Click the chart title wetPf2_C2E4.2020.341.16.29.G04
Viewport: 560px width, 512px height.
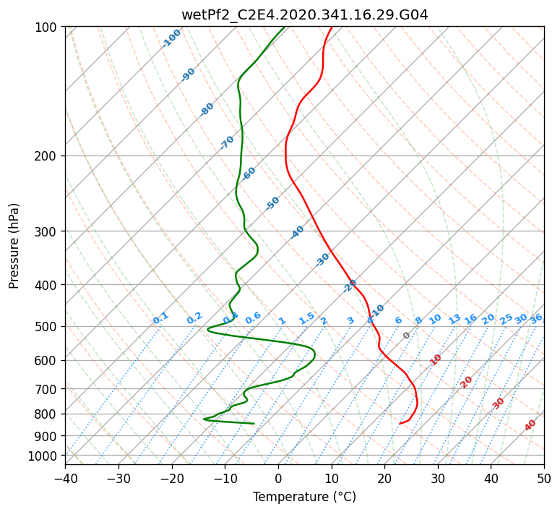[304, 14]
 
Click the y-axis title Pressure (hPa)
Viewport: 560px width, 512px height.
[14, 245]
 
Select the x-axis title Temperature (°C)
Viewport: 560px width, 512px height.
[304, 497]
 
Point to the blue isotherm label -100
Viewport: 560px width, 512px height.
[171, 38]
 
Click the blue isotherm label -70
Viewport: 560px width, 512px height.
[227, 142]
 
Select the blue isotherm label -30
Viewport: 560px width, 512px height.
[322, 260]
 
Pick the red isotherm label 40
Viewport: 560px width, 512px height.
[530, 425]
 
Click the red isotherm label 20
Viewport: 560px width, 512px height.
[467, 381]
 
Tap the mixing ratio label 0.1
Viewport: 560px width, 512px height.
[160, 318]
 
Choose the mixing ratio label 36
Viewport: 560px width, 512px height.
[536, 318]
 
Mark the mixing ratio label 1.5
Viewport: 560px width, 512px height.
[306, 318]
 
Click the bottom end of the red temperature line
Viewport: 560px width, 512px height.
[400, 424]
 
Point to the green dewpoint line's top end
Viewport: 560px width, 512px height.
[285, 27]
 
